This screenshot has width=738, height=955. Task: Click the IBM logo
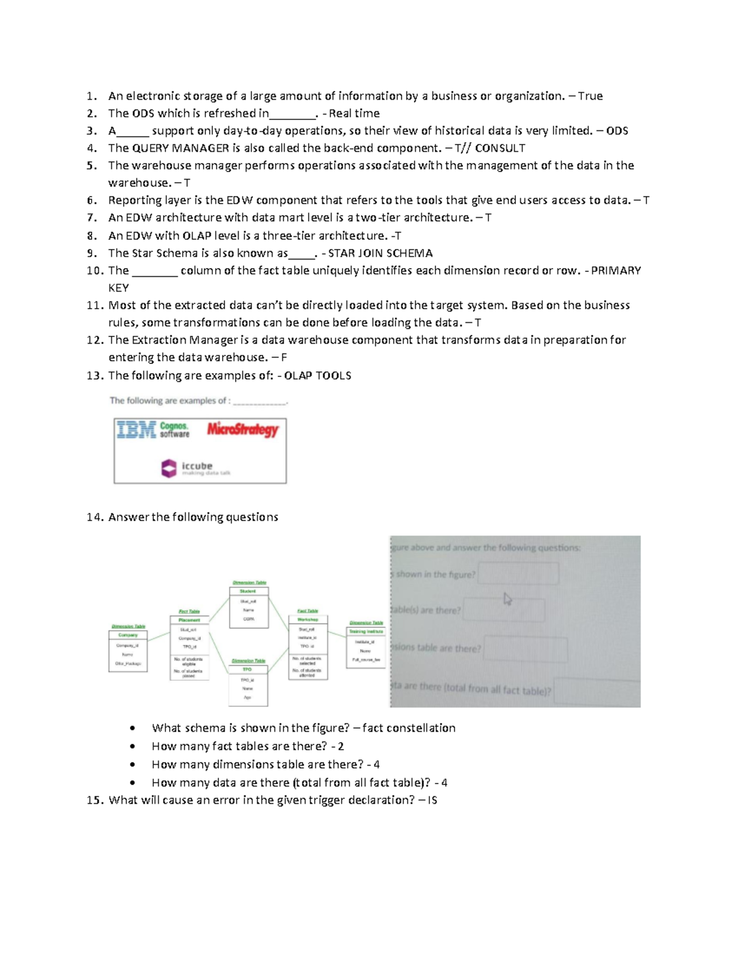[137, 429]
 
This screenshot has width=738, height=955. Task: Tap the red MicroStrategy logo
[242, 429]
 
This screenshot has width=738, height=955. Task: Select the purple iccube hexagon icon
[169, 469]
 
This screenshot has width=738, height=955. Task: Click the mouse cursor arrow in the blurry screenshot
[507, 599]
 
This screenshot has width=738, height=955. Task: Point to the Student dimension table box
[248, 607]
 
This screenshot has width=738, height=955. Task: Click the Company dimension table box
[128, 651]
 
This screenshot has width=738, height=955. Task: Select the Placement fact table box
[189, 648]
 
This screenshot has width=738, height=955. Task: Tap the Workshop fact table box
[308, 648]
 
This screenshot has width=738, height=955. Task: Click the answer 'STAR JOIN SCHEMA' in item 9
[380, 253]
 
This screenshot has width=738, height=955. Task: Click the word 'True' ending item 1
[590, 96]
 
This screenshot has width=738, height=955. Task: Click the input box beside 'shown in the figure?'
[518, 574]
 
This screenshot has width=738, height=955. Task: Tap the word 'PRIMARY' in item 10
[616, 271]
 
